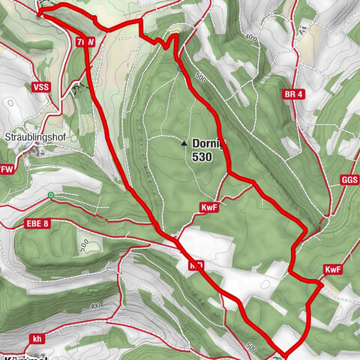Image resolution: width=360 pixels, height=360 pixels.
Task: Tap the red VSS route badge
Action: point(40,87)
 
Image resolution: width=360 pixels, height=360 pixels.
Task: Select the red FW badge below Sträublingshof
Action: point(7,169)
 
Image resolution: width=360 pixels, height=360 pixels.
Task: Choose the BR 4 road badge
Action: point(295,94)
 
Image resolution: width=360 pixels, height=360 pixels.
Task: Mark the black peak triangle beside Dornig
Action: point(183,141)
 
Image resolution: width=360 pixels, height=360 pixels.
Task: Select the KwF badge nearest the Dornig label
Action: point(209,207)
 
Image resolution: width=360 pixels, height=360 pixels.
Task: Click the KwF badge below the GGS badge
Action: point(334,269)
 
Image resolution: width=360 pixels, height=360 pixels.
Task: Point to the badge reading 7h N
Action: point(85,43)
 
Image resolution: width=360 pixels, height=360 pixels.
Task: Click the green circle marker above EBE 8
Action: point(50,196)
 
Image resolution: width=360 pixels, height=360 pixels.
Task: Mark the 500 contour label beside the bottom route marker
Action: point(252,348)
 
